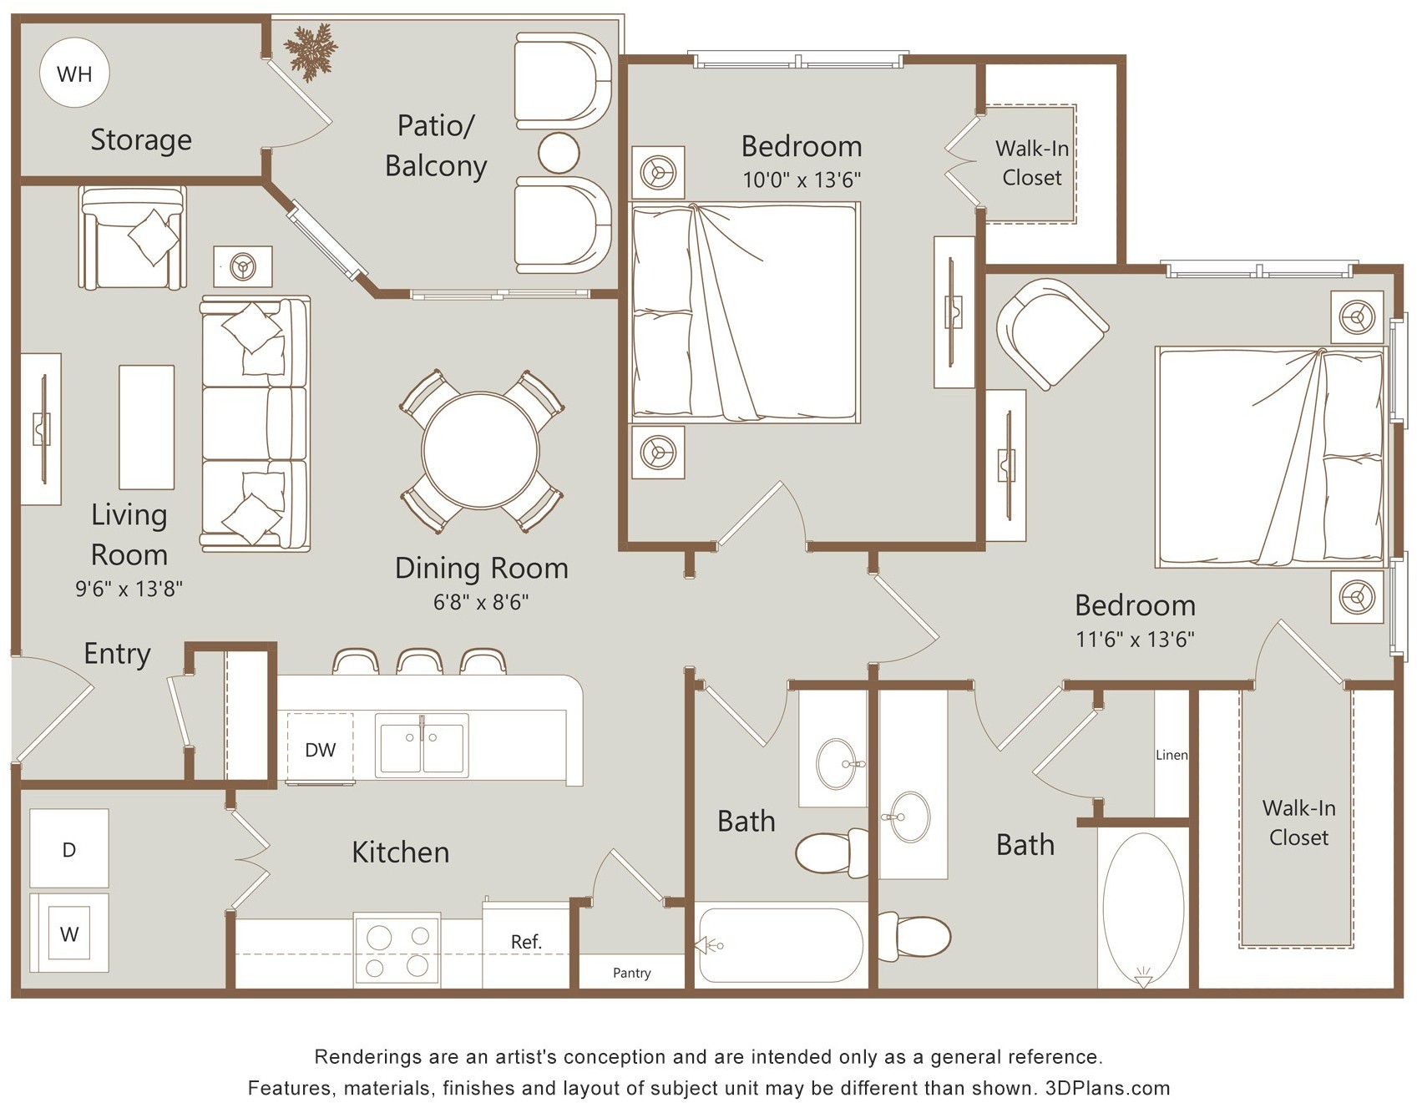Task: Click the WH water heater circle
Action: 74,73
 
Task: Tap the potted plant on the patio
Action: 311,51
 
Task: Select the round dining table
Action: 480,450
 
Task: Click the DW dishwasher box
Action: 320,749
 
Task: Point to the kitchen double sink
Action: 422,745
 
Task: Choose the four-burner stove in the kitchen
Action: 397,951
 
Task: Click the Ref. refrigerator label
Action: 526,942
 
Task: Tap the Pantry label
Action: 631,973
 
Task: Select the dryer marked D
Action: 69,848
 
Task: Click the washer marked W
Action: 69,933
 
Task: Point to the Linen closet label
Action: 1172,755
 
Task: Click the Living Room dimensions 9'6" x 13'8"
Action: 129,589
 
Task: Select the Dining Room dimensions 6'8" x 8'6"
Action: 481,602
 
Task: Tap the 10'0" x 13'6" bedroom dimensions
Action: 802,180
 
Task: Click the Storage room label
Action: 141,139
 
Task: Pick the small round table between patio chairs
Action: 559,153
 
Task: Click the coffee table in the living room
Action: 146,427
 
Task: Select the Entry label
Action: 117,654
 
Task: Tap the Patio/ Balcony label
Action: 436,145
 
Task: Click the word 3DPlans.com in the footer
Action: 1107,1088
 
